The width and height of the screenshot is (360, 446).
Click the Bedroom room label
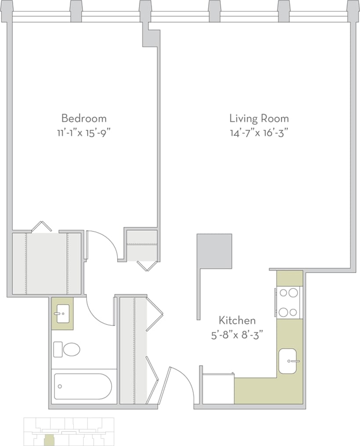84,118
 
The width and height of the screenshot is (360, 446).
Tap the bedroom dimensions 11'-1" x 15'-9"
84,132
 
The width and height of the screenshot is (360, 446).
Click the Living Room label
259,118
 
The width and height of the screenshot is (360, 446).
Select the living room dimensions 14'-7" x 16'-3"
259,132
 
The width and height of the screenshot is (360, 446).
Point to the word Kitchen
237,320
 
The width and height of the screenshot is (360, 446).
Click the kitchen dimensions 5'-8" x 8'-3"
237,334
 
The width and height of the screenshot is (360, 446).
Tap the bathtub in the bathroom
84,386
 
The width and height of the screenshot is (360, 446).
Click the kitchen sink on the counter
288,361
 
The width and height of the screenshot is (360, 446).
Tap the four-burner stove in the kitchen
288,302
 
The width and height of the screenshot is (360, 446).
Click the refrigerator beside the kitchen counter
218,388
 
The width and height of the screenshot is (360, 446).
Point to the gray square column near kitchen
214,251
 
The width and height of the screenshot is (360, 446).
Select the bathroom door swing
100,311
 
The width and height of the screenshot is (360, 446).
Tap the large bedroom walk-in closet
46,263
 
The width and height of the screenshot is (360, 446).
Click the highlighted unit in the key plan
50,439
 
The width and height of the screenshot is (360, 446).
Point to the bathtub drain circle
60,387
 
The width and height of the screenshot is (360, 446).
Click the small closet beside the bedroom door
142,245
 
